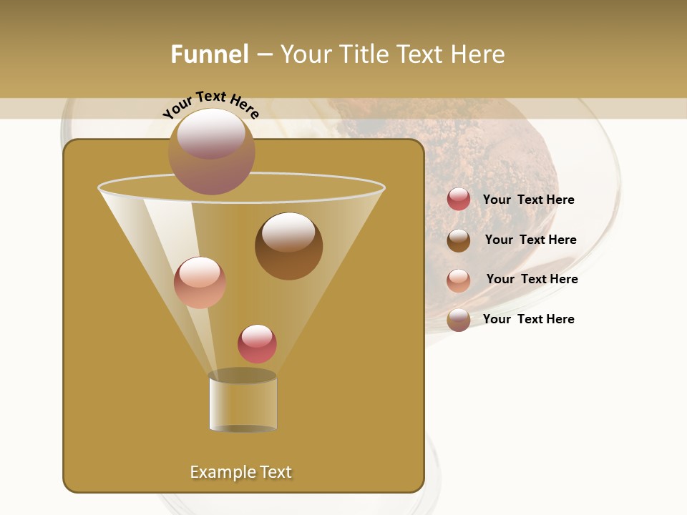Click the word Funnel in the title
209,54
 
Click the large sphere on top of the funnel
212,152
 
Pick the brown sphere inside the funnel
288,246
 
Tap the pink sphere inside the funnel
200,283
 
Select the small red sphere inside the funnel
257,344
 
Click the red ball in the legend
459,200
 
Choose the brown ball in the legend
459,240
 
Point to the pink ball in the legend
459,280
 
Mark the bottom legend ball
459,320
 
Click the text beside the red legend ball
528,200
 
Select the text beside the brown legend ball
530,240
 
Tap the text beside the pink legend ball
532,280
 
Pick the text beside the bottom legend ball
528,319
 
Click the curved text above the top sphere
211,104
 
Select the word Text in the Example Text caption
275,472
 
